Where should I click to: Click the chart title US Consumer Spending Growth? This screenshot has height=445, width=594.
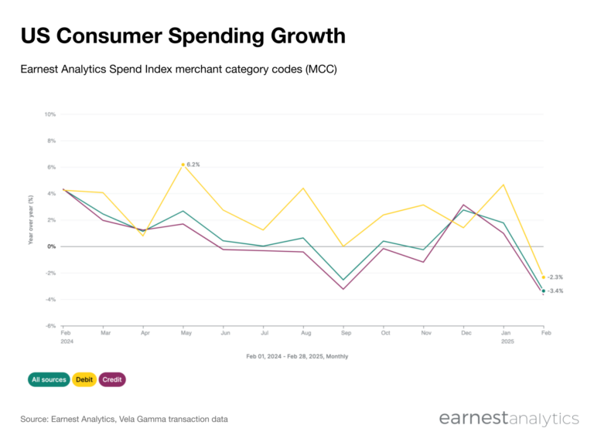tap(183, 36)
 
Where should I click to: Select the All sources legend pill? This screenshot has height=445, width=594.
tap(49, 379)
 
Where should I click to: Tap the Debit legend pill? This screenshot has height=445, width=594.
tap(84, 379)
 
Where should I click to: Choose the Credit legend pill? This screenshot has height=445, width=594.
tap(112, 379)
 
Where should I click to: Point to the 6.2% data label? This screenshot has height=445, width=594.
tap(193, 165)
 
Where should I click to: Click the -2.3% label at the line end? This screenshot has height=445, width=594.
tap(555, 277)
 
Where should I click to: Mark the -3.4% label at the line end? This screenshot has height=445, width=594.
tap(555, 291)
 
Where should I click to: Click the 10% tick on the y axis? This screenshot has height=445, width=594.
tap(49, 114)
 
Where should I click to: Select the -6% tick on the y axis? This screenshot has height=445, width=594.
tap(50, 326)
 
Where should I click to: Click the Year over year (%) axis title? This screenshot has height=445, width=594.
tap(31, 220)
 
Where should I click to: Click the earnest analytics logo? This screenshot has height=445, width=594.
tap(508, 419)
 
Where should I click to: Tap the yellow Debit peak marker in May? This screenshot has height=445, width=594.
tap(183, 165)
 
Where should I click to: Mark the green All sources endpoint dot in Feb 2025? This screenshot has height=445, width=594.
tap(543, 291)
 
